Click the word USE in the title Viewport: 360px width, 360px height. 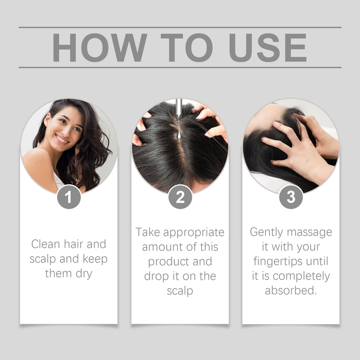point(267,48)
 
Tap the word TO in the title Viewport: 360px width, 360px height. point(186,48)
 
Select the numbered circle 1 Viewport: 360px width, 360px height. point(69,197)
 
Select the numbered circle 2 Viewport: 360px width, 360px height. point(180,197)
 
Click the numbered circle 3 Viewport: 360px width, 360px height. point(291,197)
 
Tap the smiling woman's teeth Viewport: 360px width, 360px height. point(62,139)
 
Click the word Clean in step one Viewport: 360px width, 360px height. point(45,244)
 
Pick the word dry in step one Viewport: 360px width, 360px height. point(84,274)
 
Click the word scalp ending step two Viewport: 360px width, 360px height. point(180,291)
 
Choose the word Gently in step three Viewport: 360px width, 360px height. point(266,232)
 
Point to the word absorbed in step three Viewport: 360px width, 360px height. point(291,291)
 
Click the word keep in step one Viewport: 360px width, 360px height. point(95,259)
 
